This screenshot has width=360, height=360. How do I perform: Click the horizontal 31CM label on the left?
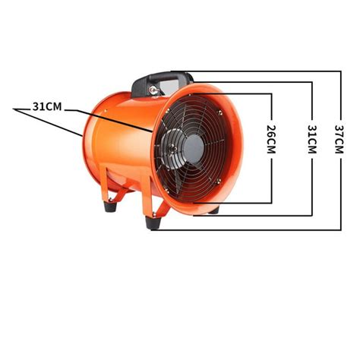pos(47,107)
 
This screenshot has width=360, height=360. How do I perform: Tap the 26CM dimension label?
pos(271,139)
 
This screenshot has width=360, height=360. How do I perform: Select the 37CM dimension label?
pos(339,139)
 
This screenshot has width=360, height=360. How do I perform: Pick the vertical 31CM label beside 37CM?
pos(312,139)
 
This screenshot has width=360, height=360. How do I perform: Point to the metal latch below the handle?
pos(153,90)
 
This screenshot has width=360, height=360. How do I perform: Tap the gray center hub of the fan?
pos(194,149)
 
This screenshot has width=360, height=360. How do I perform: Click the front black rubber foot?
pos(153,223)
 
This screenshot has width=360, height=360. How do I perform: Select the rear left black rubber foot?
pos(110,206)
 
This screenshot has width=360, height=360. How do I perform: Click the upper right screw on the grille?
pos(220,112)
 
